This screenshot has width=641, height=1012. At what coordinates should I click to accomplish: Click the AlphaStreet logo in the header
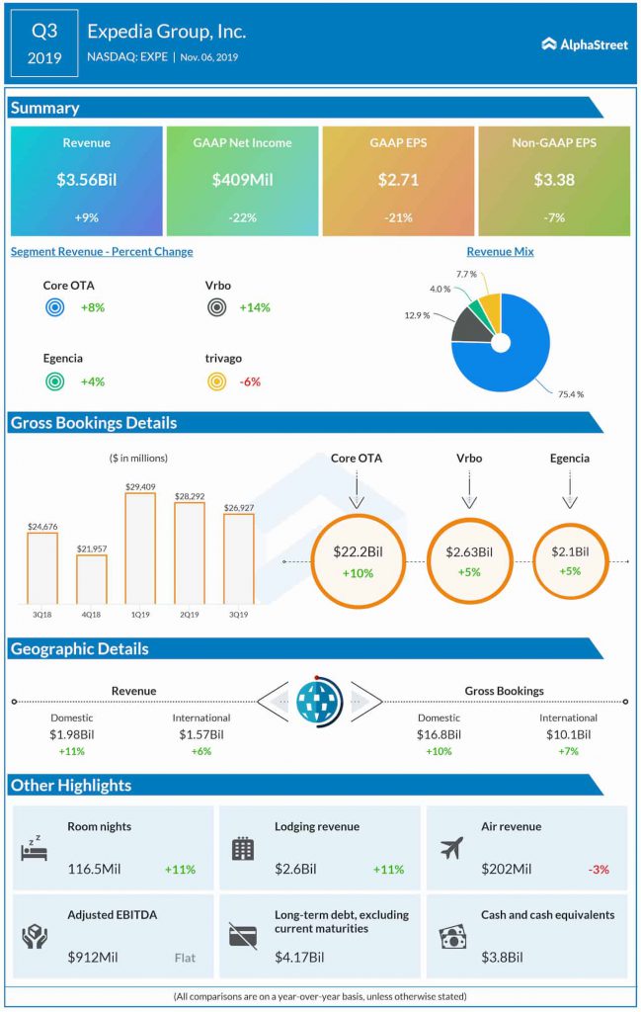(585, 44)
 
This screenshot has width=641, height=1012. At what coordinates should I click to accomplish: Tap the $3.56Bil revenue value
(86, 179)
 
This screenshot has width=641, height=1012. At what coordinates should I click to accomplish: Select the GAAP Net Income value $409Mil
(242, 179)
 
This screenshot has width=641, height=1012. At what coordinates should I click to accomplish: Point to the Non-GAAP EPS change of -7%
(553, 217)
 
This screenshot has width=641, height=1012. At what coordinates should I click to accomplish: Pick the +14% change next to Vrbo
(255, 307)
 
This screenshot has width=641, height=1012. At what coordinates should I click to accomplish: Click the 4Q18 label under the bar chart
(91, 614)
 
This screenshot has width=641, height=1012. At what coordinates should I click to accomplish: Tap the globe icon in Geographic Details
(319, 703)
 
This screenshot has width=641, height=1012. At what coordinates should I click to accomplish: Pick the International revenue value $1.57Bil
(201, 734)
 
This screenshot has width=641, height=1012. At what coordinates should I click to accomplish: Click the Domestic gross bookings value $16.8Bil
(439, 734)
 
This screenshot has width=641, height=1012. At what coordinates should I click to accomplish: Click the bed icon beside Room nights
(35, 848)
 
